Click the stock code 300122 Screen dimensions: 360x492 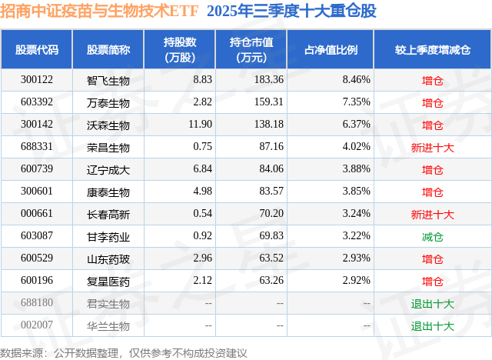click(x=36, y=79)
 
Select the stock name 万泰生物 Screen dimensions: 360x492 click(x=108, y=102)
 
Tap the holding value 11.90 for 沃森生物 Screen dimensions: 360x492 click(x=199, y=124)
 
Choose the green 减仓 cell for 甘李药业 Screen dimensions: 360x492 click(x=432, y=236)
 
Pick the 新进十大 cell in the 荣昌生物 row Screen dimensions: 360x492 click(x=432, y=146)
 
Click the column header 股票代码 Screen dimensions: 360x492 click(x=36, y=50)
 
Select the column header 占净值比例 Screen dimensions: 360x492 click(x=336, y=50)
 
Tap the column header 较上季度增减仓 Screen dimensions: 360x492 click(x=432, y=50)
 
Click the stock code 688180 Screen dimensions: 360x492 click(x=36, y=303)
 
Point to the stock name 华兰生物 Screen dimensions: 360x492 click(x=108, y=325)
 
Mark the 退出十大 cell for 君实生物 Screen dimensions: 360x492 click(x=432, y=303)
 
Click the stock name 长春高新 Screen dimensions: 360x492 click(x=108, y=213)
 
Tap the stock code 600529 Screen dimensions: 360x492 click(x=36, y=258)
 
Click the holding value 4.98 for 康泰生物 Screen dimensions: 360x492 click(x=201, y=191)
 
